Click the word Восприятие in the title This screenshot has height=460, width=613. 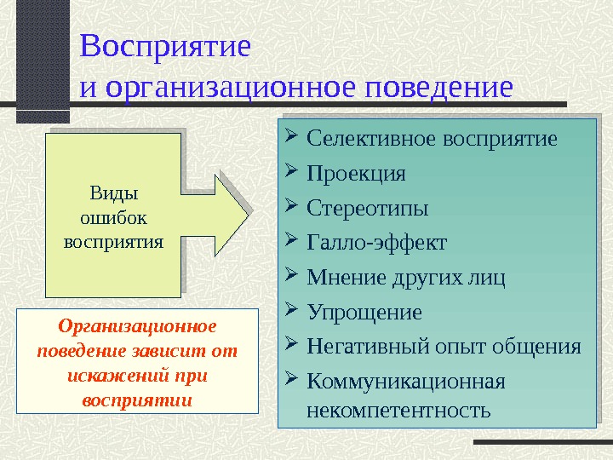(x=165, y=46)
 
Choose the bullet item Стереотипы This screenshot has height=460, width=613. (x=367, y=208)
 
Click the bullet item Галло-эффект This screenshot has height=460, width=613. (x=375, y=243)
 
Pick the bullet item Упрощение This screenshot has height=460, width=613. (x=364, y=312)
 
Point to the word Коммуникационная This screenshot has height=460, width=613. (x=405, y=381)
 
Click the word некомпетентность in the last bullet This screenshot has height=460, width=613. (x=398, y=411)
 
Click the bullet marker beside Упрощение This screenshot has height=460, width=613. (x=291, y=311)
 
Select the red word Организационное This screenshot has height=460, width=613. (x=138, y=326)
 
